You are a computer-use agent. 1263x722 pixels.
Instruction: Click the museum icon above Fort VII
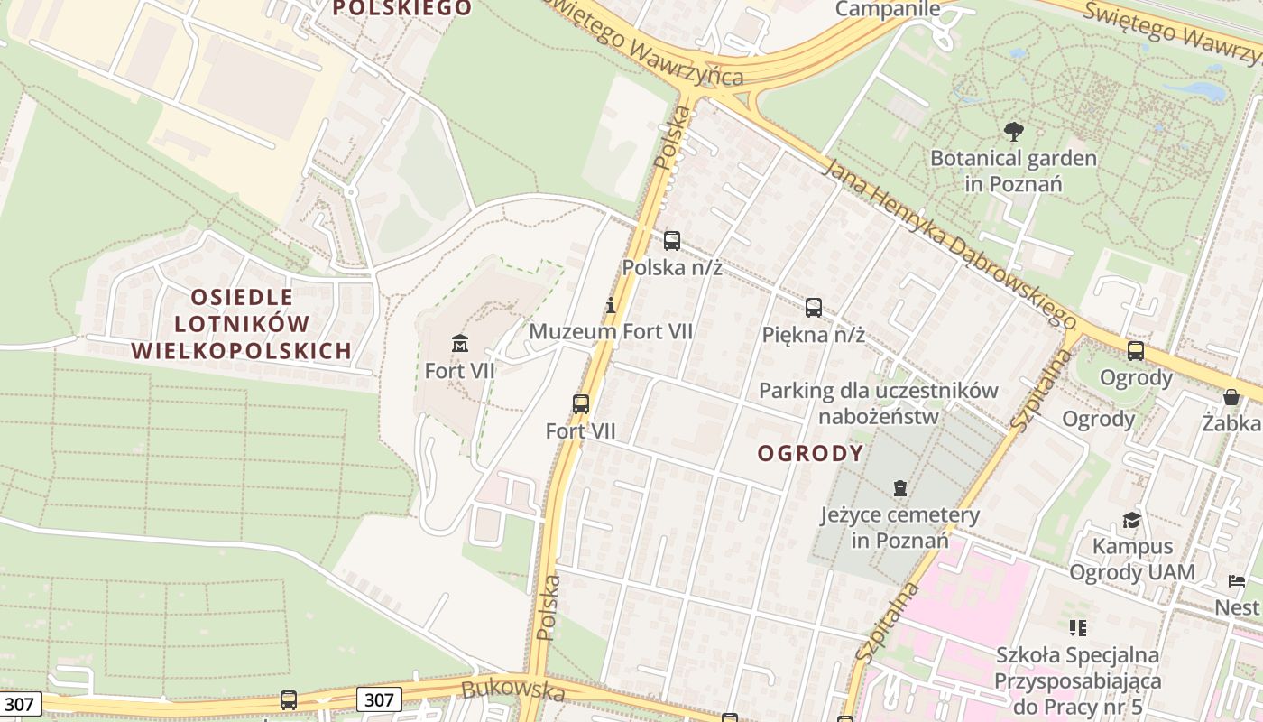coord(460,343)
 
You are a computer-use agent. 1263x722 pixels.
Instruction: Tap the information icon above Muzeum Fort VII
coord(611,305)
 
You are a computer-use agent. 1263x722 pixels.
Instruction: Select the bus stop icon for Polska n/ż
coord(672,240)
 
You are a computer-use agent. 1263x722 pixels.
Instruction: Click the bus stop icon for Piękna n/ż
coord(814,307)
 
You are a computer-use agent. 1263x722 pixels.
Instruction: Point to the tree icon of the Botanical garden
coord(1014,132)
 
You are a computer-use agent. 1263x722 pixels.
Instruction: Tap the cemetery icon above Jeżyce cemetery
coord(899,488)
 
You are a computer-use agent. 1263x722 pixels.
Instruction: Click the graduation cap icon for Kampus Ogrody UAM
coord(1131,519)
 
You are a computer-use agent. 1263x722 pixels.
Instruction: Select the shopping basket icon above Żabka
coord(1231,396)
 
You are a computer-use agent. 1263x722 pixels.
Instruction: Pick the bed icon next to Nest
coord(1236,581)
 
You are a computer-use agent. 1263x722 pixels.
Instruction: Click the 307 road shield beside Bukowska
coord(379,699)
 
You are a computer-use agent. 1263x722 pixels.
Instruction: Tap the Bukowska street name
coord(512,691)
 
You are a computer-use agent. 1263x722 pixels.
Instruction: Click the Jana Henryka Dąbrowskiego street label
coord(951,245)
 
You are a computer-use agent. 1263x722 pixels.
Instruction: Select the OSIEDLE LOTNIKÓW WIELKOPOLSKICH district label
coord(242,324)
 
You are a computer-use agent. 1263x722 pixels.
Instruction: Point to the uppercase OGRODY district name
coord(810,453)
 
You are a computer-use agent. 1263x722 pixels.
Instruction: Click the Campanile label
coord(888,9)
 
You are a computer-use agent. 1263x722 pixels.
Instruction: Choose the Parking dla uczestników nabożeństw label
coord(879,403)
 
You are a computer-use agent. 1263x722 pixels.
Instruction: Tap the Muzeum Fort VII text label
coord(611,331)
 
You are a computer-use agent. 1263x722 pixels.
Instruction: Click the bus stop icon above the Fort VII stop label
coord(581,403)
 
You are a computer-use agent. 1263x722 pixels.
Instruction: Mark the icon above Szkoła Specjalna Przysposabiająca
coord(1077,627)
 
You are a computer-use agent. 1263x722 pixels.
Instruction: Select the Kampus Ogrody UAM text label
coord(1132,559)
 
